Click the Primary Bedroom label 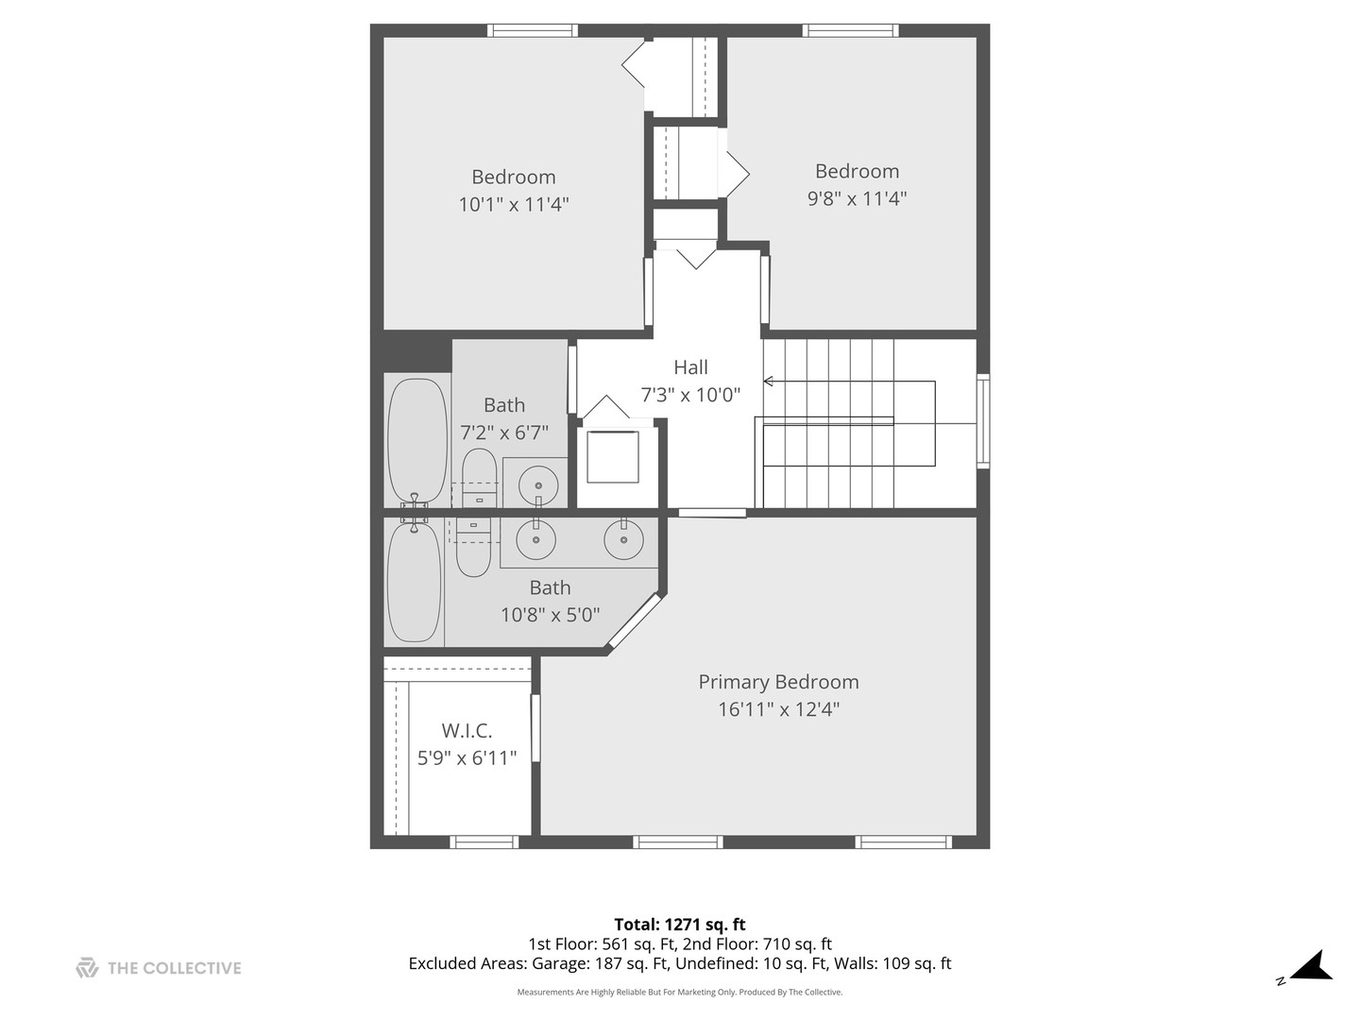[778, 682]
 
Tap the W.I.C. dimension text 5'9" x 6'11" [467, 757]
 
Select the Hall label [690, 367]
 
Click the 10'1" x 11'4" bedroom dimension [514, 204]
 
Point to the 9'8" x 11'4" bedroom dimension [857, 198]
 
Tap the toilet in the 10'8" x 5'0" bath [473, 548]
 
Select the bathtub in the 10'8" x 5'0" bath [414, 583]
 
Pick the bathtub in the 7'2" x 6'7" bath [417, 440]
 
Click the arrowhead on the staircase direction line [768, 382]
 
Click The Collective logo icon [87, 968]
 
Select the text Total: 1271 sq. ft [680, 925]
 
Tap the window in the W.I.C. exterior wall [484, 841]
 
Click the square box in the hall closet [612, 457]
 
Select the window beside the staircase [983, 421]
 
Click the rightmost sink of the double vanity [623, 539]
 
